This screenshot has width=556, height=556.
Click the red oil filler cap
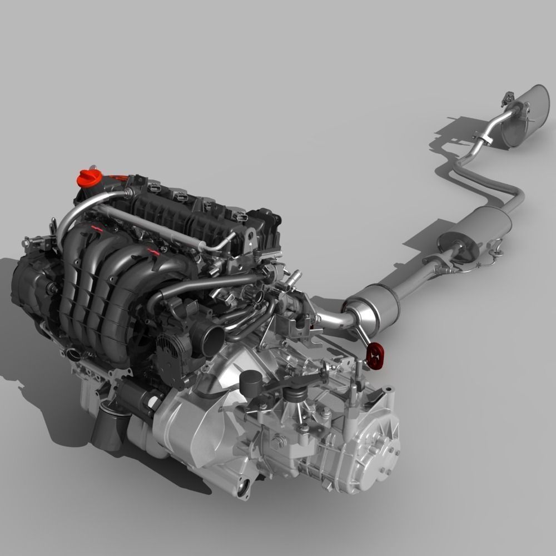88,179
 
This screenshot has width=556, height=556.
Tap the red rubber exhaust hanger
376,355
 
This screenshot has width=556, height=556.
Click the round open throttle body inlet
214,336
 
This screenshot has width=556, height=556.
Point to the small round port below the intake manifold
72,354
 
